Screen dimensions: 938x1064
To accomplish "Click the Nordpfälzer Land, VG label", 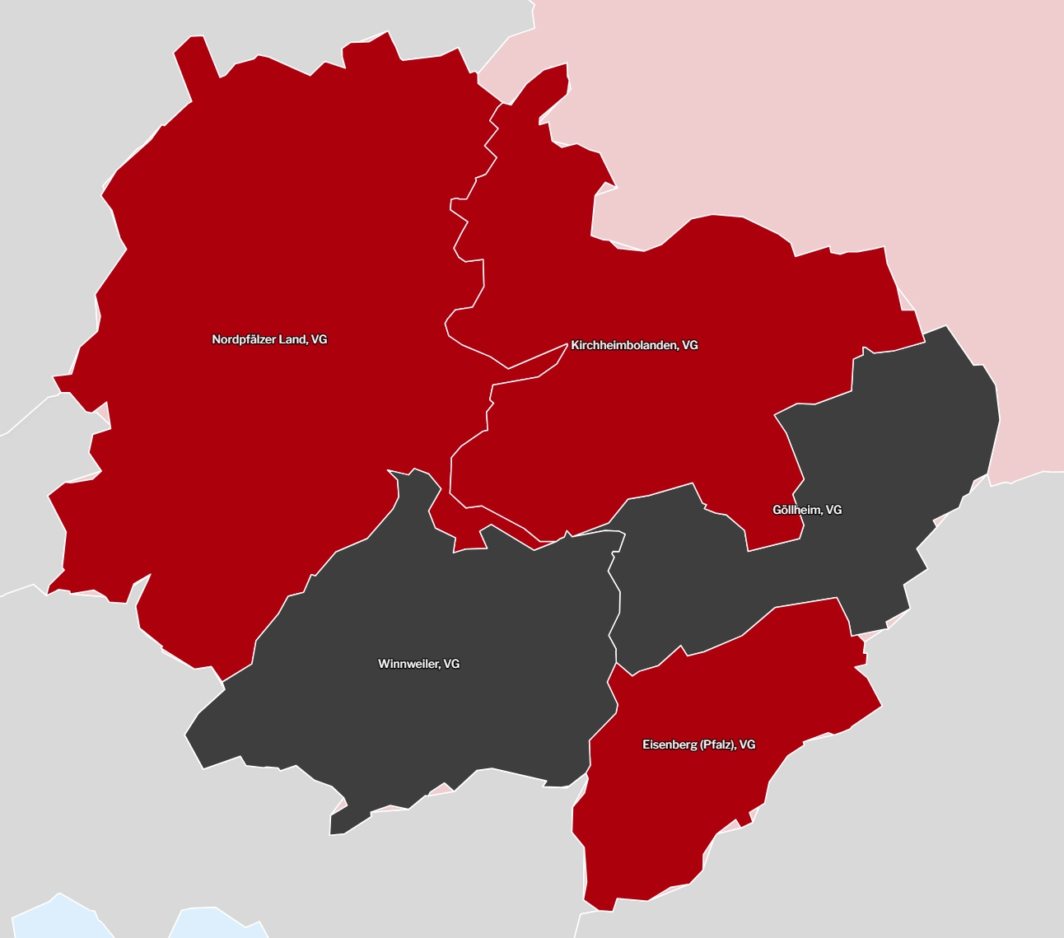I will coord(269,339).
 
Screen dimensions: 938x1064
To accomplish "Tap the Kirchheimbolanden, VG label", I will coord(634,345).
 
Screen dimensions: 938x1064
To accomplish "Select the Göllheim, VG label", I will coord(807,510).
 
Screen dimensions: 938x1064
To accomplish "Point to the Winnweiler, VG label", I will coord(418,664).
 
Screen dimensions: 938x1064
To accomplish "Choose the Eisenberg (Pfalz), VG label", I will coord(698,744).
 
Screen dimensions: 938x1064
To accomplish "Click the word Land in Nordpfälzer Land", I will coord(293,339).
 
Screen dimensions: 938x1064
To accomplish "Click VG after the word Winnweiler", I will coord(451,664).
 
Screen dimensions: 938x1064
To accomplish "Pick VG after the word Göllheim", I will coord(833,510).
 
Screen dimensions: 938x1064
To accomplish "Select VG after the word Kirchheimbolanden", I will coord(690,345).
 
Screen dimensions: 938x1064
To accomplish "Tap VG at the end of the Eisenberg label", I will coord(747,744).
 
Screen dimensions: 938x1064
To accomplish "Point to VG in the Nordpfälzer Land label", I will coord(320,339).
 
